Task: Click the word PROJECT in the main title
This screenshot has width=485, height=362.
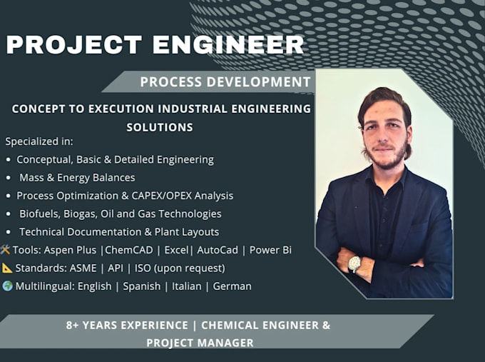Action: (74, 45)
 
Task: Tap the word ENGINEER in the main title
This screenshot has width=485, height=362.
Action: (228, 45)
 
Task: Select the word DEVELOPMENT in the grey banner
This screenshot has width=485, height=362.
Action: (259, 82)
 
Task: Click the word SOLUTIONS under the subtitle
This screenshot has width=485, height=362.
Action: (160, 127)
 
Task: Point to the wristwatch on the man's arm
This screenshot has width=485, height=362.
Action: (354, 264)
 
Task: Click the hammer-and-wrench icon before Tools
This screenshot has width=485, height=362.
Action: (5, 250)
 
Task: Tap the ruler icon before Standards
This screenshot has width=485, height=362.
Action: (7, 268)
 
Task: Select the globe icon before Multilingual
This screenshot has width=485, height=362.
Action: (7, 286)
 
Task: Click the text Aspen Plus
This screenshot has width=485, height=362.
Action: (70, 250)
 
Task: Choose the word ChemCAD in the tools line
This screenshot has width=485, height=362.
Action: (129, 250)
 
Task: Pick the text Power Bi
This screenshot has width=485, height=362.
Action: (270, 250)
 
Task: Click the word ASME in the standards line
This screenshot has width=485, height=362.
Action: (83, 268)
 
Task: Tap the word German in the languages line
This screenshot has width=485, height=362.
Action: (232, 286)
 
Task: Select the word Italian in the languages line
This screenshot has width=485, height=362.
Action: (187, 286)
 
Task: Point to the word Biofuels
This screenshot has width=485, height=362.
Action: (39, 214)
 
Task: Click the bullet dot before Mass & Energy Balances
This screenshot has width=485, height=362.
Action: (9, 178)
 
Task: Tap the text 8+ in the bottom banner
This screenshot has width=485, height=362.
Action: (72, 325)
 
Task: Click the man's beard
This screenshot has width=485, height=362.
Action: (387, 158)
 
